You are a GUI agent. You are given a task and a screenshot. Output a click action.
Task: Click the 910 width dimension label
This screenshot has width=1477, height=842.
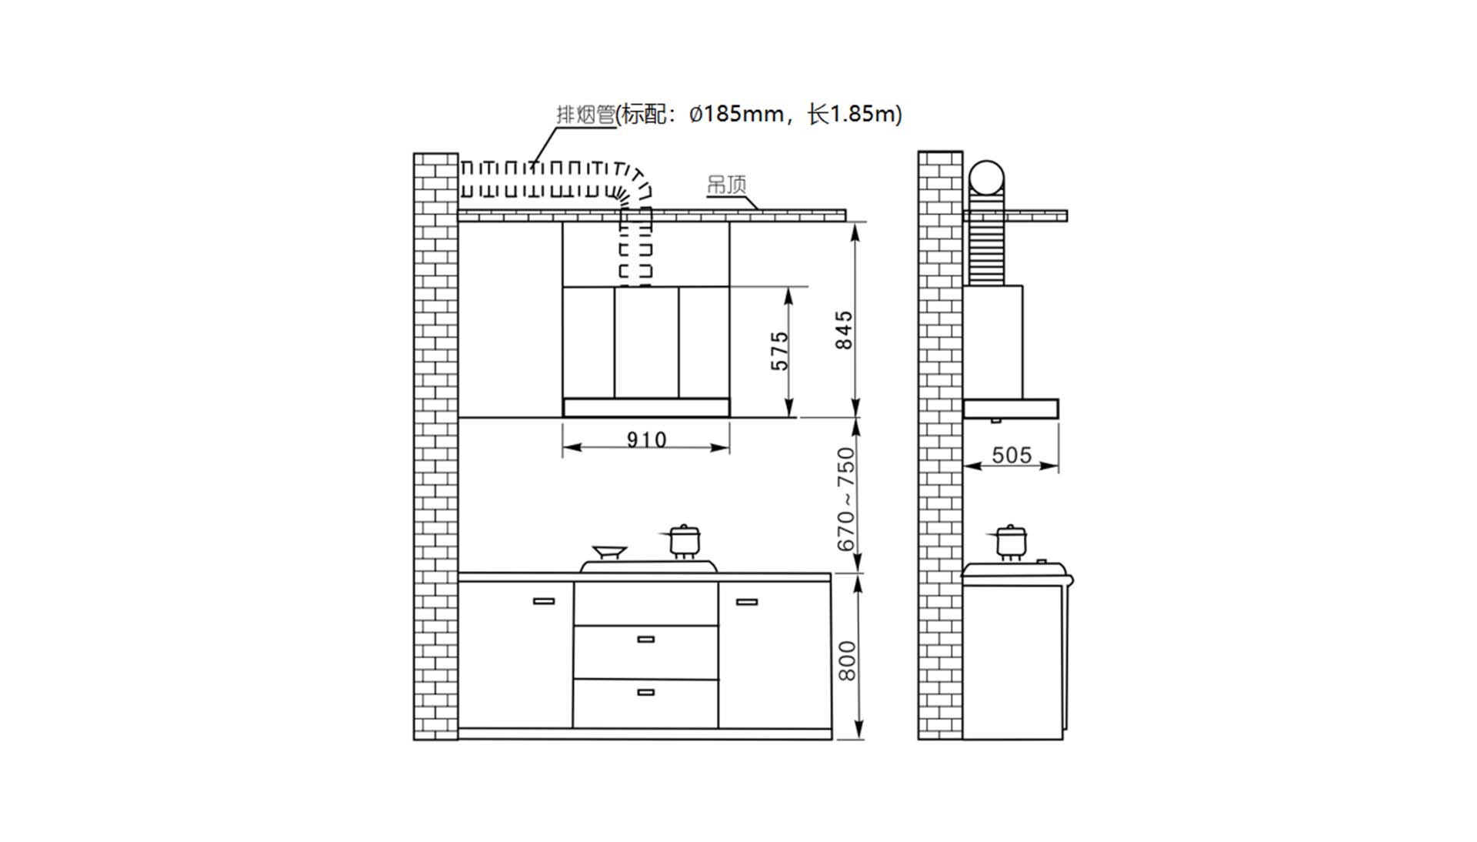tap(646, 439)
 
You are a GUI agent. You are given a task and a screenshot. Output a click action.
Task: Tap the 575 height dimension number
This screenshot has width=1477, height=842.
tap(780, 351)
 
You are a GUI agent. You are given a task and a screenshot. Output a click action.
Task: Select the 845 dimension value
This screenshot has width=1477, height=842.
tap(844, 330)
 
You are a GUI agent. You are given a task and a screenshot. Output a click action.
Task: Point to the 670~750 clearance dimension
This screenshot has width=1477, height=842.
tap(845, 500)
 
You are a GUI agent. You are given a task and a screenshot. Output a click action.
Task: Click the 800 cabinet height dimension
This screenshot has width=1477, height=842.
tap(846, 660)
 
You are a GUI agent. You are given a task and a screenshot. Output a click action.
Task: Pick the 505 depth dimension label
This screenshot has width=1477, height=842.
tap(1012, 455)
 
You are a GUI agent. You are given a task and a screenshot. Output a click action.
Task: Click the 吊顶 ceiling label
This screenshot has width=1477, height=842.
tap(726, 185)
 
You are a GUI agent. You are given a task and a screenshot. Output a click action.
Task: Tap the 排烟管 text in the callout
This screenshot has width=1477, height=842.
tap(585, 115)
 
